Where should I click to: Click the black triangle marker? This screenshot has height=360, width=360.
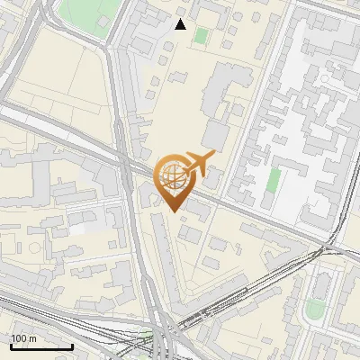(x=181, y=24)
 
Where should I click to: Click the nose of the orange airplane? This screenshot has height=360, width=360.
(x=212, y=156)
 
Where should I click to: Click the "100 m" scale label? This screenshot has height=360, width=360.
(x=23, y=337)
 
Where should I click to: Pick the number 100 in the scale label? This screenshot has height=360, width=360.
(x=19, y=337)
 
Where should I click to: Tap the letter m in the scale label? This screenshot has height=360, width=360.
(x=32, y=337)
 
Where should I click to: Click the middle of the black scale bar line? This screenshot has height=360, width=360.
(x=41, y=346)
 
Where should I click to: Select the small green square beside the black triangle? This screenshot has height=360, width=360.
(x=201, y=35)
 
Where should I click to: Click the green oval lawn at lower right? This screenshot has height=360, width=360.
(x=314, y=310)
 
